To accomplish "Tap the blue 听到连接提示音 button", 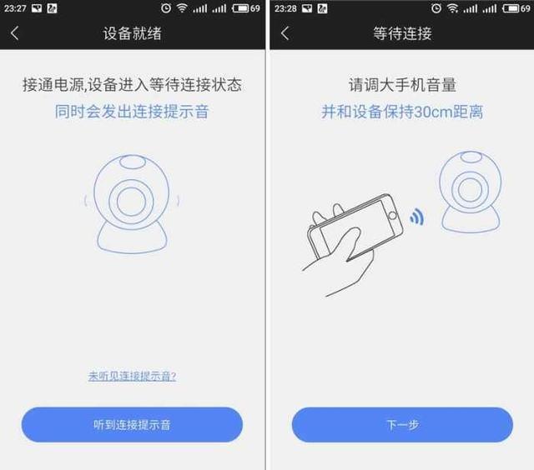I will click(x=132, y=424).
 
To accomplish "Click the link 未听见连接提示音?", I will click(x=132, y=376).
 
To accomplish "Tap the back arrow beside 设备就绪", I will click(x=15, y=33).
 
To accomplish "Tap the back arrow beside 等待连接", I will click(x=285, y=33).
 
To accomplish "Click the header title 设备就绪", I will click(x=132, y=33).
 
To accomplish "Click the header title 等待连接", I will click(x=402, y=33).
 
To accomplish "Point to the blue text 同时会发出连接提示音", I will click(x=132, y=112).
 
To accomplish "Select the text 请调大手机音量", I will click(x=402, y=86).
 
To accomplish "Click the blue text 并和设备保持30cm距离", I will click(x=402, y=112).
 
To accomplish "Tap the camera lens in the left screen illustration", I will click(x=131, y=202).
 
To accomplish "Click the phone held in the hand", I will click(x=350, y=229).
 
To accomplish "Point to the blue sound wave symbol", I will click(x=416, y=219).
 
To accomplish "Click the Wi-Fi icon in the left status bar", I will click(x=182, y=8).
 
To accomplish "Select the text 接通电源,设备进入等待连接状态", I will click(x=132, y=86).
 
